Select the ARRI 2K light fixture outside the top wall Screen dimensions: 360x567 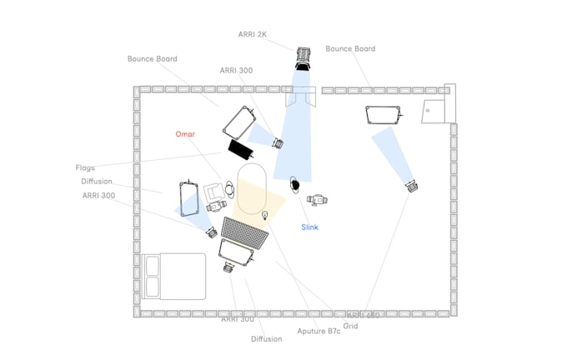(x=302, y=57)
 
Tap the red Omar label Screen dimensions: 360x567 (x=185, y=134)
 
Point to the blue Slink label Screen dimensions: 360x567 (x=310, y=227)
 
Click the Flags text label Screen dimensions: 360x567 (x=86, y=167)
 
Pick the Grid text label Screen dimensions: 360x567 (x=350, y=326)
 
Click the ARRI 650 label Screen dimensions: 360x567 (x=364, y=315)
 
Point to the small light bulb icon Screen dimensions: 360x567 (x=265, y=216)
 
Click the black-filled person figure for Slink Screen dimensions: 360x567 (x=294, y=183)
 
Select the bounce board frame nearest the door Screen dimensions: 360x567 (x=385, y=115)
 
